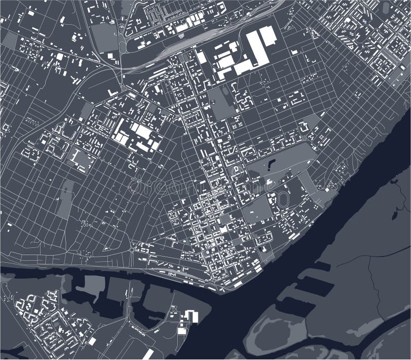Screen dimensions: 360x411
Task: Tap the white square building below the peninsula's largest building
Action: point(182,331)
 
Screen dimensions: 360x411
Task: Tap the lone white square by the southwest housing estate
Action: point(91,341)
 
